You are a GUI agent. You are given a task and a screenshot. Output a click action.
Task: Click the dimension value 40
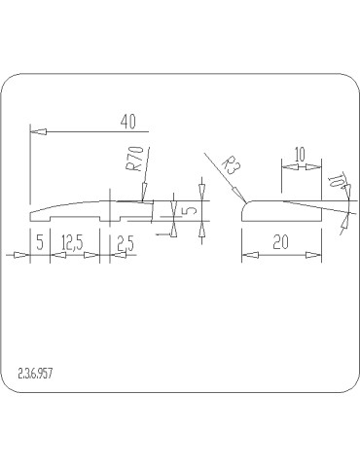coord(128,122)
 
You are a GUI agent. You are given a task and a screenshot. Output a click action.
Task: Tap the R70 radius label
coord(134,159)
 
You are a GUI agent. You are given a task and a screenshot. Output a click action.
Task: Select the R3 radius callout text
coord(233,164)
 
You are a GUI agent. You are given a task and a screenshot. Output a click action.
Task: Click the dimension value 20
coord(280,242)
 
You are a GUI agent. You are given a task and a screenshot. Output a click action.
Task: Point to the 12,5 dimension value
coord(72,242)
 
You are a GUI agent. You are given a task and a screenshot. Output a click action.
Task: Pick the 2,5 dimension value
coord(126,243)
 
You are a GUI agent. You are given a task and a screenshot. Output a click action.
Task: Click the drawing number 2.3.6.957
coord(35,374)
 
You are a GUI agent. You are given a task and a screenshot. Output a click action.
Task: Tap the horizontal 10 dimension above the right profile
coord(301,155)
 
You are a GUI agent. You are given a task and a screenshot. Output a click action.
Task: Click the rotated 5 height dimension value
coord(191,210)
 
